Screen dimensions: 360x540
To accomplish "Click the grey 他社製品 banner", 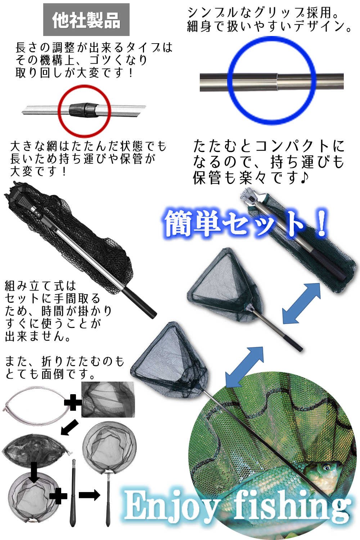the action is [86, 20].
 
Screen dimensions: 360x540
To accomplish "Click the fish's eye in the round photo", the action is [327, 468].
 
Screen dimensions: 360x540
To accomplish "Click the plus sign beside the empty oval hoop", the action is [73, 402].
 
